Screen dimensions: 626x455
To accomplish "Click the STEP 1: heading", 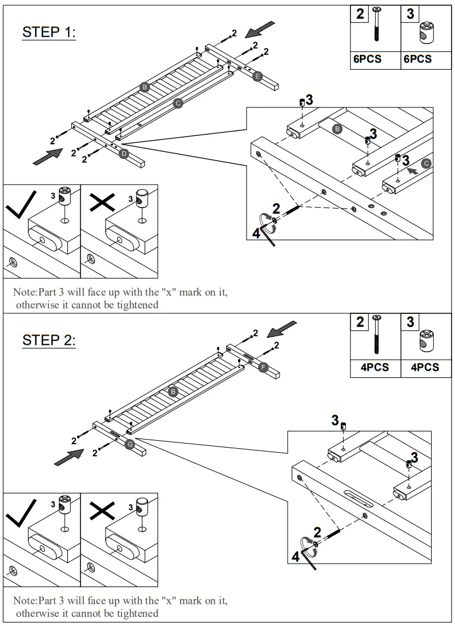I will pyautogui.click(x=49, y=32).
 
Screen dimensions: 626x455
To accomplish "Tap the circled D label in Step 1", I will pyautogui.click(x=124, y=153).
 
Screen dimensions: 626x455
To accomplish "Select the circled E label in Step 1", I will pyautogui.click(x=257, y=76).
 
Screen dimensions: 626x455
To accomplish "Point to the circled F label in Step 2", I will pyautogui.click(x=263, y=367).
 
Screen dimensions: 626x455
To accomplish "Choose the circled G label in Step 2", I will pyautogui.click(x=130, y=444).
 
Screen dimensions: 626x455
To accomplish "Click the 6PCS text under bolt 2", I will pyautogui.click(x=366, y=59).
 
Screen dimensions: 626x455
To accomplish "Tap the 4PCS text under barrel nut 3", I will pyautogui.click(x=424, y=367).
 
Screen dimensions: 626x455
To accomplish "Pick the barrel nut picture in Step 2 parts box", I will pyautogui.click(x=426, y=341).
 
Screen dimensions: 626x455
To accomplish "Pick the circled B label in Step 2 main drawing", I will pyautogui.click(x=173, y=392).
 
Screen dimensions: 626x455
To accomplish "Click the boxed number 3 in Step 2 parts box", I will pyautogui.click(x=410, y=322).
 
